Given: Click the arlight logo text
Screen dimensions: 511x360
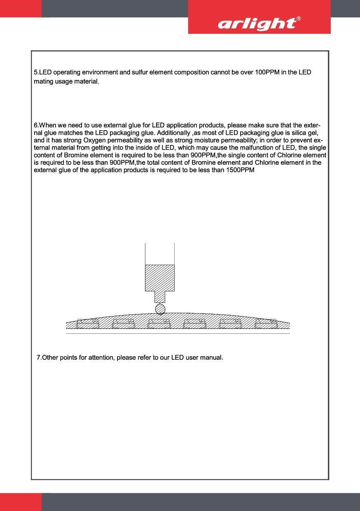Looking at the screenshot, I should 257,24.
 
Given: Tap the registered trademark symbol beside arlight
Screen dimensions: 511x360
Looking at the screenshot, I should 299,19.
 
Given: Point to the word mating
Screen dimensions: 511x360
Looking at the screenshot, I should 43,82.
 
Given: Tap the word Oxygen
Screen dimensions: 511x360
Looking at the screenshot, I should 89,140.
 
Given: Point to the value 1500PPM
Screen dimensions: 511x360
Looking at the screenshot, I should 241,170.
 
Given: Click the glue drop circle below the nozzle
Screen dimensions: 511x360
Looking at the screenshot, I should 160,309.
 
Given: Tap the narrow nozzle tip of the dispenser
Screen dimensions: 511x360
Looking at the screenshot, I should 160,297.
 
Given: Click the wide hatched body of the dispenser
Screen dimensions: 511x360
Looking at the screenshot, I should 160,277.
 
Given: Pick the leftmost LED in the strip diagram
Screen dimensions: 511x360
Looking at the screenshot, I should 88,324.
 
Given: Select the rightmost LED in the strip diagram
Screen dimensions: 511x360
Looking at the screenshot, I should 266,324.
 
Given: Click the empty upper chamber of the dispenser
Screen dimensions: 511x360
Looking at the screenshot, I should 160,253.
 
